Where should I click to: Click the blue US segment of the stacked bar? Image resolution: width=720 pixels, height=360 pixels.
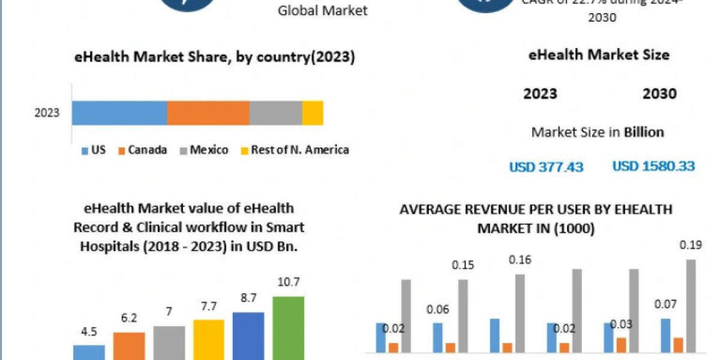pos(119,113)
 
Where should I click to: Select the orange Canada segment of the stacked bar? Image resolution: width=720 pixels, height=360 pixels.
pos(208,113)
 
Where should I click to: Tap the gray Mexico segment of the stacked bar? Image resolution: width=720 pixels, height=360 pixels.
pos(275,113)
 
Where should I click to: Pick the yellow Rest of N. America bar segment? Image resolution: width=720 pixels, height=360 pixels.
pos(313,113)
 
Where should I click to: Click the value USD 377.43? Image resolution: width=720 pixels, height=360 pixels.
pos(546,167)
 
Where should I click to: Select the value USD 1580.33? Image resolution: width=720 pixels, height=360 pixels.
pos(653,166)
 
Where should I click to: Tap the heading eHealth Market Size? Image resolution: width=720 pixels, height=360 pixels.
pos(599,55)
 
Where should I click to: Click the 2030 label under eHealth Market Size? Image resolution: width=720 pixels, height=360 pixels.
pos(659,94)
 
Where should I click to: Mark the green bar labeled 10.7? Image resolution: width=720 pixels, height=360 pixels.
pos(288,327)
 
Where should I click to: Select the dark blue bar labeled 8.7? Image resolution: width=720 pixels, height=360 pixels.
pos(248,335)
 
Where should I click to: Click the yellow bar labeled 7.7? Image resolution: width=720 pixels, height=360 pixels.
pos(208,338)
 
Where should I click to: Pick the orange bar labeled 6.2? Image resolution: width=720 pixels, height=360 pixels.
pos(129,344)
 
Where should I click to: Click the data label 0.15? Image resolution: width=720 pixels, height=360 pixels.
pos(462,265)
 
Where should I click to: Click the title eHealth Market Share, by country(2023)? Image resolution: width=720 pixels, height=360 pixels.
pos(214,58)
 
